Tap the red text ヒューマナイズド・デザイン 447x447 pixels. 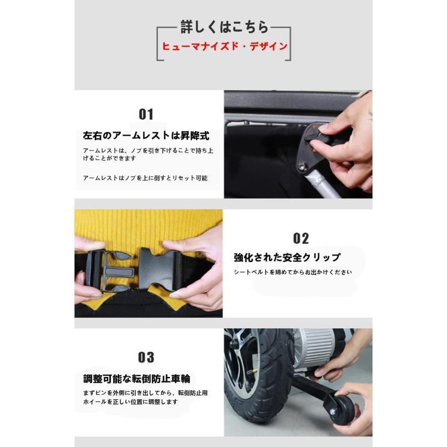tap(224, 47)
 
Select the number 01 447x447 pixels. tap(146, 114)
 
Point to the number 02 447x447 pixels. tap(300, 238)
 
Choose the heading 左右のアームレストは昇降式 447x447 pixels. tap(146, 136)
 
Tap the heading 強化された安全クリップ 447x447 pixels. tap(287, 257)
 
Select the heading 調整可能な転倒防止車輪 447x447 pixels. tap(137, 378)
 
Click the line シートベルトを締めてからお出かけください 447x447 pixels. tap(293, 272)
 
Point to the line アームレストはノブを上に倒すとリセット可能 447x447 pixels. tap(145, 178)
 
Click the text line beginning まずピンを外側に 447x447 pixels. tap(145, 392)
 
